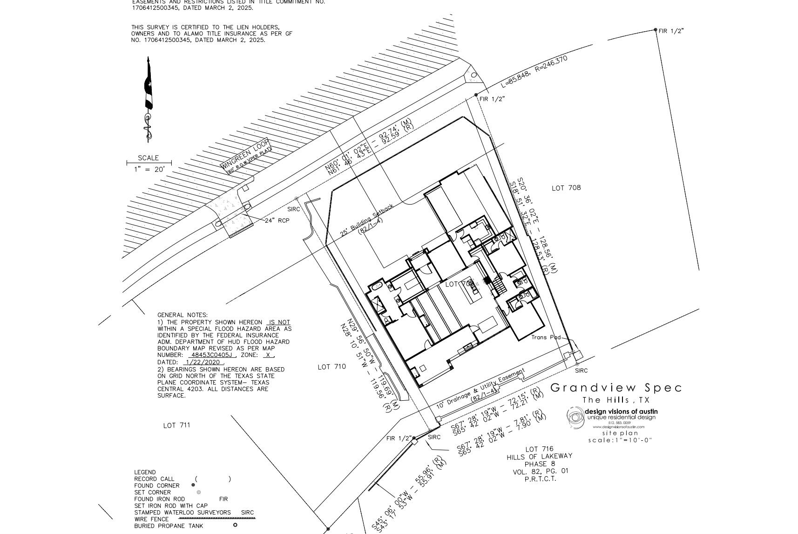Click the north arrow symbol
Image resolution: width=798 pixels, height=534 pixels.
(148, 99)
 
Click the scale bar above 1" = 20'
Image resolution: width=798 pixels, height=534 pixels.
(149, 163)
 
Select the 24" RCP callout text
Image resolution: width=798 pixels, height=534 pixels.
(277, 220)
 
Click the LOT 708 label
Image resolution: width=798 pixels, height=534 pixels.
(566, 188)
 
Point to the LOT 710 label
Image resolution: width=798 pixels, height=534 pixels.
(331, 367)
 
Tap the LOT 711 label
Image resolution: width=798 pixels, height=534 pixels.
(176, 425)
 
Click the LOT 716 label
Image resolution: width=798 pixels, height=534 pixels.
(540, 449)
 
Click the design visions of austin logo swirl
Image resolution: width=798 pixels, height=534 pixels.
(575, 417)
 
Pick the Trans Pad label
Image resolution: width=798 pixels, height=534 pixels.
(546, 337)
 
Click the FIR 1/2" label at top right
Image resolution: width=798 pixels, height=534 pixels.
(671, 31)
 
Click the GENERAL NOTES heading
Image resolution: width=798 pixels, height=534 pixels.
(183, 315)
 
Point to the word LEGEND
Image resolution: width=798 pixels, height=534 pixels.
(145, 472)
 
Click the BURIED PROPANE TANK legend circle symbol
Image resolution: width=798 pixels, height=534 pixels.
(235, 525)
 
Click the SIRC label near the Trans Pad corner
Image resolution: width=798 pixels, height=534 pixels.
(581, 370)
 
